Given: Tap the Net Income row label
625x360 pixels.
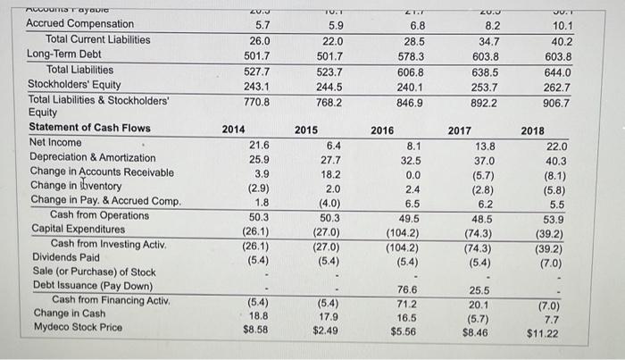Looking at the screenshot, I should point(55,143).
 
